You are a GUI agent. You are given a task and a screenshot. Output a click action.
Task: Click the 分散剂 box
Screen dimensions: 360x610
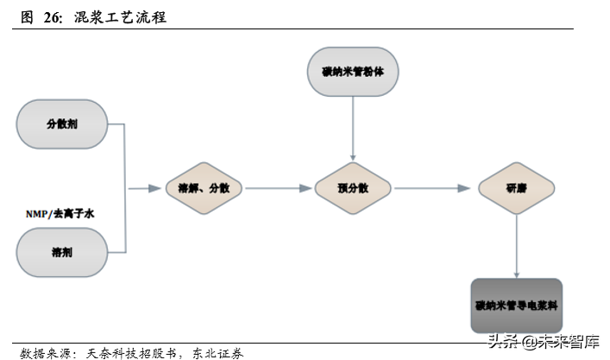[x=61, y=123]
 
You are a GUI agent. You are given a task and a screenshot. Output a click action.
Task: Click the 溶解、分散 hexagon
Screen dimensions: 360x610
[x=204, y=188]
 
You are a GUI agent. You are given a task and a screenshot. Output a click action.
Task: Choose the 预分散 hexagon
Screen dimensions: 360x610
[x=353, y=188]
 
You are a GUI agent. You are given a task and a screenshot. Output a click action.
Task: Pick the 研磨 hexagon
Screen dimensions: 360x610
[x=516, y=188]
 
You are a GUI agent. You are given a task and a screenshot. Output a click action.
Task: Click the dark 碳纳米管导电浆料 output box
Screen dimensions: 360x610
[x=516, y=306]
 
